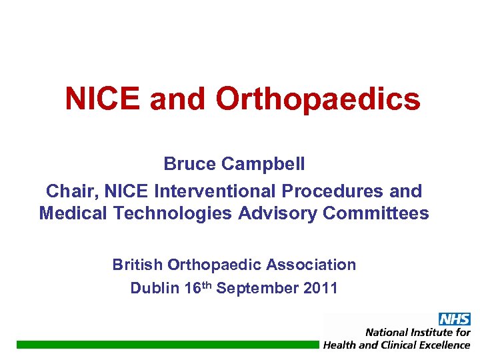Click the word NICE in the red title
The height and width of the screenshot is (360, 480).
[103, 99]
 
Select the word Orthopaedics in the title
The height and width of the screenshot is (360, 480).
[318, 99]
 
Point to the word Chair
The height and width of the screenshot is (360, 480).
[66, 191]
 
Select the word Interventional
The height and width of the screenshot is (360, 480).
[215, 191]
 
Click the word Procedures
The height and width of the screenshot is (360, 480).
[334, 191]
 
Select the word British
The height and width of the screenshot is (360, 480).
[137, 265]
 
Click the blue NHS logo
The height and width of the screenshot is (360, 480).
[454, 319]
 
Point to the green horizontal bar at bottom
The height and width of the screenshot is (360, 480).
[167, 344]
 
